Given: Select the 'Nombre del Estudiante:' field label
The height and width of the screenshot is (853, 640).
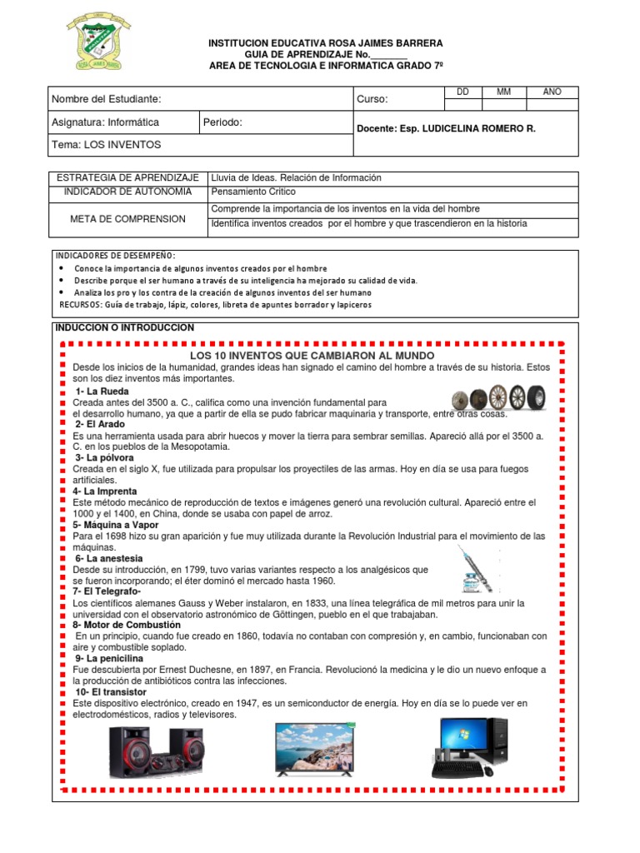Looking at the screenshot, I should [106, 99].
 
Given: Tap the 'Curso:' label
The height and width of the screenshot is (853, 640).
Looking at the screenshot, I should [372, 100].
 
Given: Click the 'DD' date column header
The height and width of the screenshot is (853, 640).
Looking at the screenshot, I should [464, 92].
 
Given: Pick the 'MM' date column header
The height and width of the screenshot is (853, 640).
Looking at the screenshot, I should [503, 92].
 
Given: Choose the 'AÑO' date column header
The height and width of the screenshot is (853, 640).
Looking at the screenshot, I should [552, 92].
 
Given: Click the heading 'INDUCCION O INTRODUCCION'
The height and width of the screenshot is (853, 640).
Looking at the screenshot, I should [125, 327].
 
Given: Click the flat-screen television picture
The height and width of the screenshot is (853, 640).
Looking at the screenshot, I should [316, 748].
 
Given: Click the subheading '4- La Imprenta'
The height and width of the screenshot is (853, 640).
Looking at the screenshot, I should [105, 491].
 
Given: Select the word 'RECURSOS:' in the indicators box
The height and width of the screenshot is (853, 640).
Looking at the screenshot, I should [82, 305].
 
